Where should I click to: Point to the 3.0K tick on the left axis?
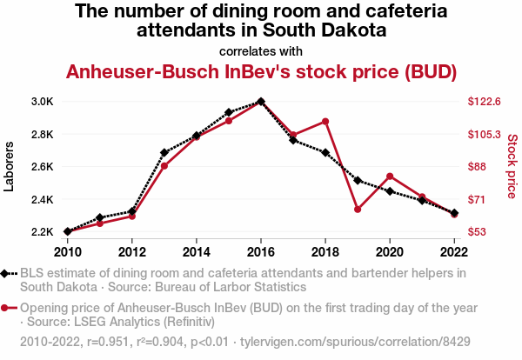[43, 102]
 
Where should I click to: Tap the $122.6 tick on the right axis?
[485, 102]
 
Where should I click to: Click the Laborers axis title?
[10, 166]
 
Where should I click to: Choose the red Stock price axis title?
[512, 165]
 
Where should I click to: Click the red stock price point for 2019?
[358, 209]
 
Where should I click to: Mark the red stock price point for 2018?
[325, 122]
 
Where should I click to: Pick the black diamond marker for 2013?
[164, 152]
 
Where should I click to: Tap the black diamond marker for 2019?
[358, 180]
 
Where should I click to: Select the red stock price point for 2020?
[390, 177]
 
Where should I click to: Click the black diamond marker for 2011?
[100, 217]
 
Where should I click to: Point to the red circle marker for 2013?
[164, 166]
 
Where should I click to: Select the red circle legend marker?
[7, 308]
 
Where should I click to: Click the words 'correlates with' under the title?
[261, 50]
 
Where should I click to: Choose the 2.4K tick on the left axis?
[43, 200]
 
